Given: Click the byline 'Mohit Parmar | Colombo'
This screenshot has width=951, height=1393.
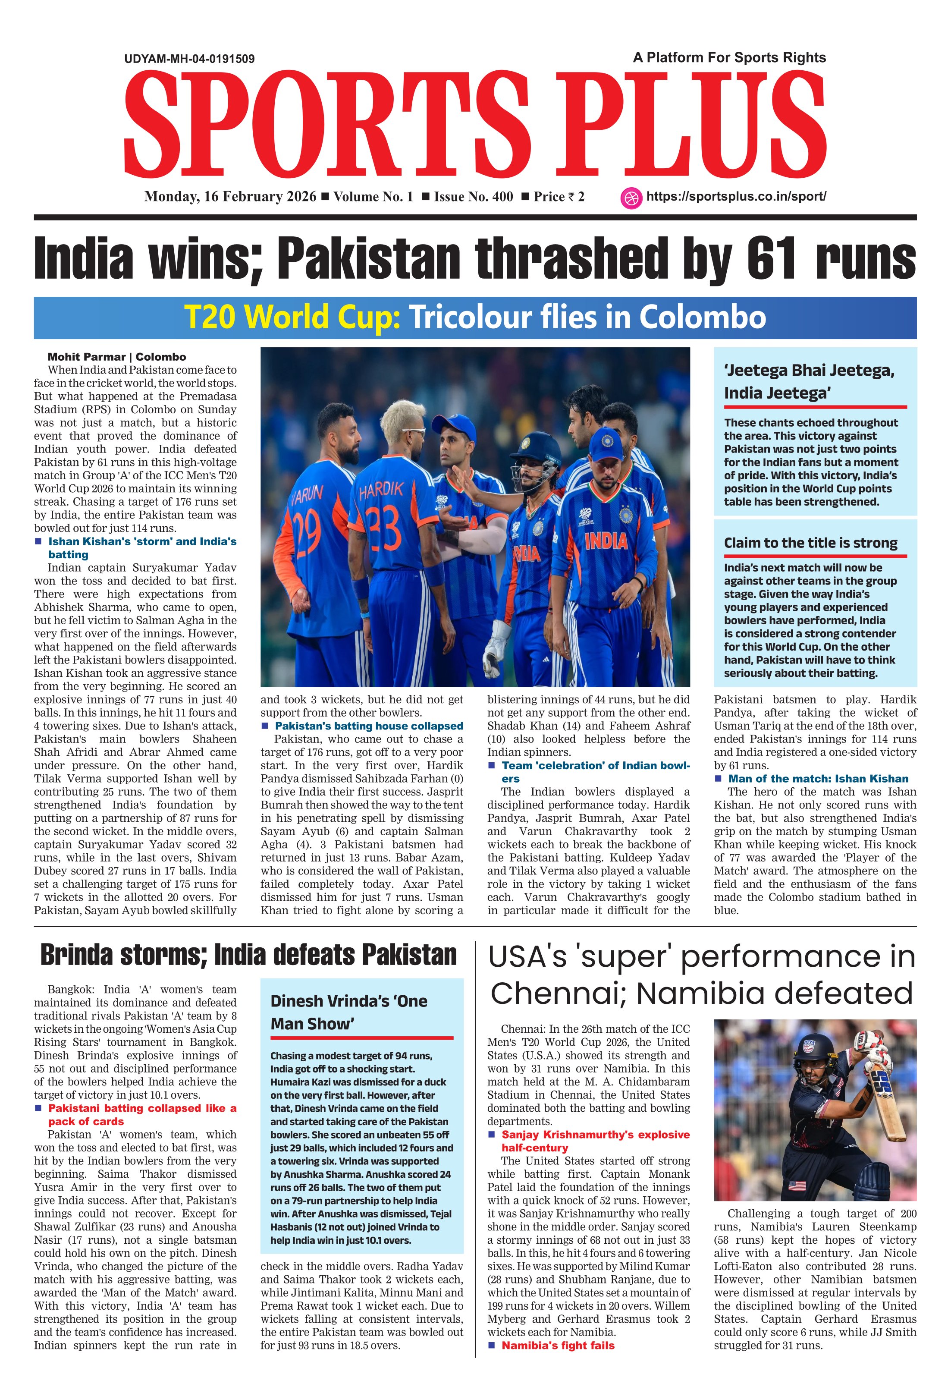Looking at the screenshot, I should coord(117,357).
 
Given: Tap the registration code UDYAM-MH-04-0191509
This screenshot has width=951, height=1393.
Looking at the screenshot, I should coord(189,59).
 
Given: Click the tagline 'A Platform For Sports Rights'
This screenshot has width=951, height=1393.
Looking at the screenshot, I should coord(729,57).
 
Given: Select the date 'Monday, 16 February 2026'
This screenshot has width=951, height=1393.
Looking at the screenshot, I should coord(230,197).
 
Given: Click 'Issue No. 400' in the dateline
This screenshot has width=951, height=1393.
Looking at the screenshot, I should coord(474,197).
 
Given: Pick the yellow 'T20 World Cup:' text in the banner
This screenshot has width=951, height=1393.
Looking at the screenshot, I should coord(292,317).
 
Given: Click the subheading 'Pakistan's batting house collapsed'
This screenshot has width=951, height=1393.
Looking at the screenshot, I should coord(368,726).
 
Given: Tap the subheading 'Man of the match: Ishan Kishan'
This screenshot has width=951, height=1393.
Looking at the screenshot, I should coord(818,779).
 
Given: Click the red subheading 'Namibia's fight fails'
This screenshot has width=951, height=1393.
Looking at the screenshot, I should coord(558,1346).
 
